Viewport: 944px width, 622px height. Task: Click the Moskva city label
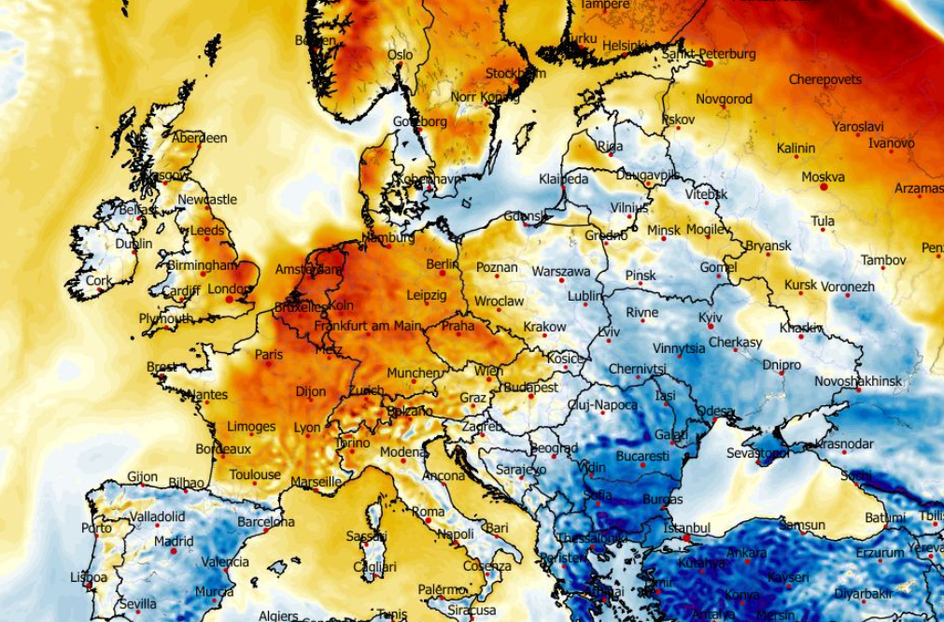[823, 177]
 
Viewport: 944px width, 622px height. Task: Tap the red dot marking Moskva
[824, 188]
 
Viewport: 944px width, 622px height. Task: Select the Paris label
[269, 354]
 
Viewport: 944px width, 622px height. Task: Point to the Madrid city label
[174, 541]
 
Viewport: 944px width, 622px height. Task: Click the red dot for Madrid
[173, 551]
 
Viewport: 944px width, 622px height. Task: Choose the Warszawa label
[561, 271]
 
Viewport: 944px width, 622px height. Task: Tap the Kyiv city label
[710, 318]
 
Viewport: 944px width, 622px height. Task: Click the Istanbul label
[686, 529]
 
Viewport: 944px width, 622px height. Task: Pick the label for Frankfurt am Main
[368, 326]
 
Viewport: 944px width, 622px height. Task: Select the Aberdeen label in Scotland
[200, 137]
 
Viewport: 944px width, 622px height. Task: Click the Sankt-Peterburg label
[709, 53]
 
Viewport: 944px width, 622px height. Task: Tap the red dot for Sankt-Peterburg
[710, 64]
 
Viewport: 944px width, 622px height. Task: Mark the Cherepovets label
[825, 79]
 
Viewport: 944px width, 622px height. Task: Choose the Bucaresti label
[642, 457]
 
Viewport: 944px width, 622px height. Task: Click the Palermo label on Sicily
[442, 589]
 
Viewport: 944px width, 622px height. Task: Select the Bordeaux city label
[223, 449]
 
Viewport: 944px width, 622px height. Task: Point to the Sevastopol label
[758, 453]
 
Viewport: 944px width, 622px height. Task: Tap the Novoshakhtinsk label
[858, 381]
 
